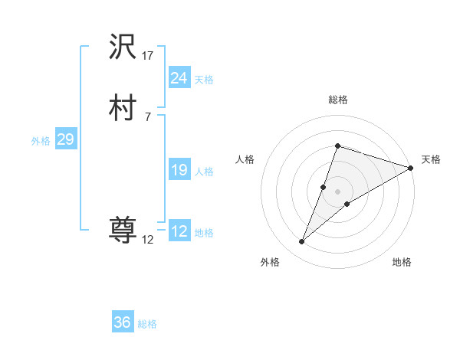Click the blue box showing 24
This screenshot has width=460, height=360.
(179, 77)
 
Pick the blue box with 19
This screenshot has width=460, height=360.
(179, 170)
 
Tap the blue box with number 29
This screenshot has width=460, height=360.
(65, 139)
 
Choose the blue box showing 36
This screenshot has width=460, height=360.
(122, 322)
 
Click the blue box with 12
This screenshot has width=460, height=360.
(179, 231)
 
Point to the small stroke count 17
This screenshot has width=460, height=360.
(148, 55)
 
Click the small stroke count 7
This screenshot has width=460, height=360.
(147, 116)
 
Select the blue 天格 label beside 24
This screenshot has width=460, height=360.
(204, 80)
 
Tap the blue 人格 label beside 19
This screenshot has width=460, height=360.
(204, 172)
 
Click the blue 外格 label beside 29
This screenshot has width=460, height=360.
(41, 141)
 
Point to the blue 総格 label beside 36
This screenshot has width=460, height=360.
(147, 324)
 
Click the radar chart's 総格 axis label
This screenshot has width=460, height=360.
(337, 100)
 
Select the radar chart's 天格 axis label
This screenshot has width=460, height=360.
(431, 159)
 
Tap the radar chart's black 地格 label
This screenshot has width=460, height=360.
(402, 262)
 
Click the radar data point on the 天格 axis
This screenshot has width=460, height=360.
(411, 168)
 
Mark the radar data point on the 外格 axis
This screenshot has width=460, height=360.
(302, 242)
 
